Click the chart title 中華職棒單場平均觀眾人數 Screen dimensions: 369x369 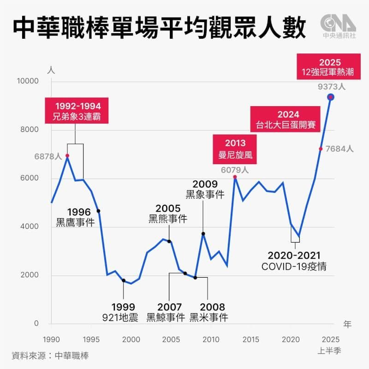(x=159, y=29)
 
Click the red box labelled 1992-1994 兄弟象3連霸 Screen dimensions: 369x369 (x=77, y=110)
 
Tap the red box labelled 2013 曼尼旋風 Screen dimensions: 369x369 (x=235, y=149)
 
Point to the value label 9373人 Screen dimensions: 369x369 (x=331, y=86)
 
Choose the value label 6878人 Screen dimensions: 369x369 (x=48, y=157)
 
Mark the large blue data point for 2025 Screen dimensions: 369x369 (x=331, y=97)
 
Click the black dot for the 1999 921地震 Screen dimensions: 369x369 (x=123, y=280)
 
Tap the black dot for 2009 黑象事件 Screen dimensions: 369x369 (x=203, y=234)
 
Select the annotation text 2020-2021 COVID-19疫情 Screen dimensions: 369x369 (x=294, y=261)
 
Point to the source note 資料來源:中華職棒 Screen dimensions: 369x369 (x=50, y=356)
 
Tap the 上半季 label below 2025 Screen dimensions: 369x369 (x=330, y=351)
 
